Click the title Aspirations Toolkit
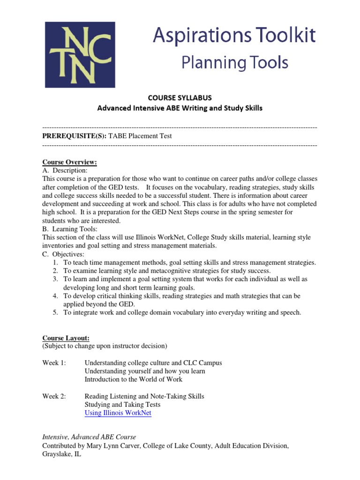click(x=234, y=36)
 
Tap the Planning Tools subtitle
click(x=235, y=62)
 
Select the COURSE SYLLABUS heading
click(x=180, y=98)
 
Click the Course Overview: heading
click(x=69, y=162)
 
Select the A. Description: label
click(x=65, y=171)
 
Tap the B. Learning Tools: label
click(x=70, y=229)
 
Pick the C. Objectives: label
click(x=63, y=254)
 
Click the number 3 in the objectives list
click(x=55, y=279)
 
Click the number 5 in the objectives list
click(x=55, y=313)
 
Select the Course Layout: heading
click(x=66, y=338)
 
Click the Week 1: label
click(x=54, y=363)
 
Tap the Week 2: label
click(x=54, y=396)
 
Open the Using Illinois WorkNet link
click(x=118, y=413)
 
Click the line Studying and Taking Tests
click(x=122, y=405)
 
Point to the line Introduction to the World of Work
click(x=133, y=379)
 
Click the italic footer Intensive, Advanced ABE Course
click(x=89, y=437)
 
